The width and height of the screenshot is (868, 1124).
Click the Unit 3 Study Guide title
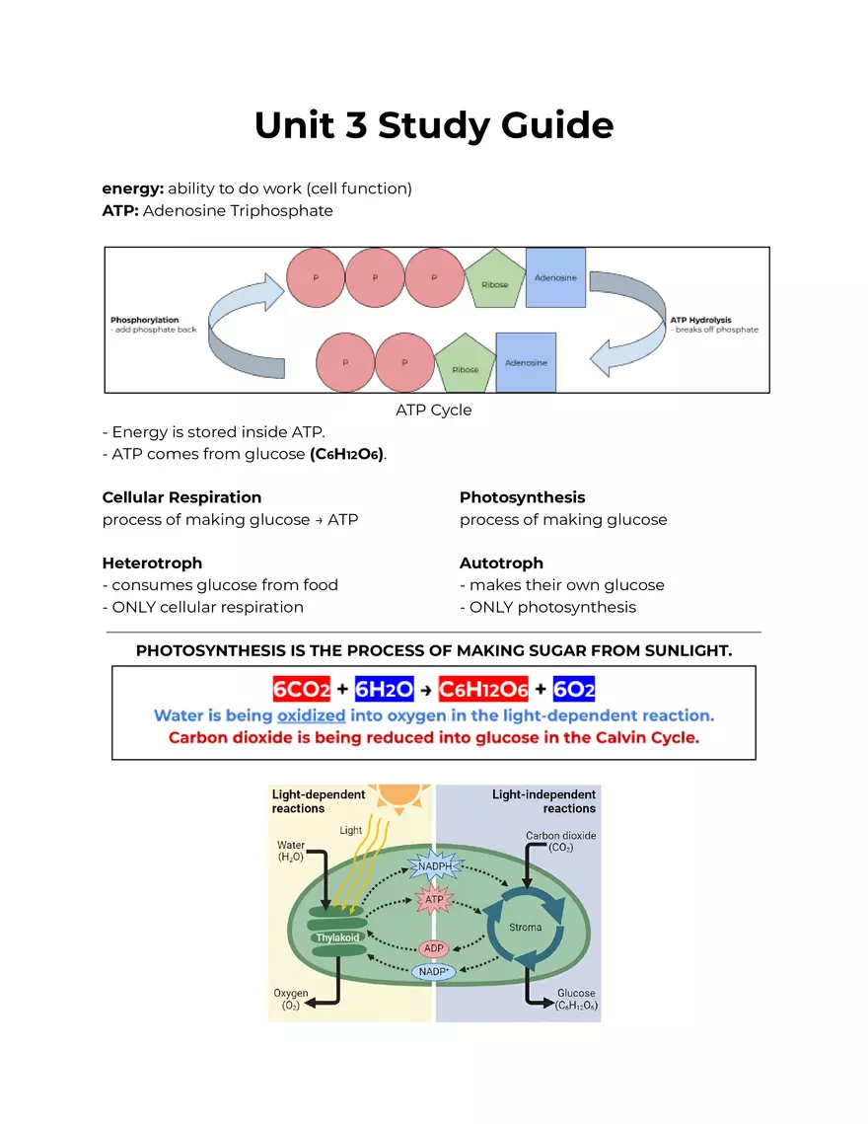434,126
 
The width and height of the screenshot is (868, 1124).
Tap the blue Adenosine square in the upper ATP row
555,278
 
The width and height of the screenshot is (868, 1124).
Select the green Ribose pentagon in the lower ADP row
465,364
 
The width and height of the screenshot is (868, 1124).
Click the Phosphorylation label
145,320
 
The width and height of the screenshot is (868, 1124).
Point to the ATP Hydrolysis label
700,320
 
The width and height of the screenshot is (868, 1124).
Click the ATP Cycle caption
434,410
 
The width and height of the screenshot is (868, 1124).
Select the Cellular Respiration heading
181,497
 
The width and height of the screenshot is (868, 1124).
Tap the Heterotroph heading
152,563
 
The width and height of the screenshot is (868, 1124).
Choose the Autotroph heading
501,563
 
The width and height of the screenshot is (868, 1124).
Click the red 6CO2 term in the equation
302,689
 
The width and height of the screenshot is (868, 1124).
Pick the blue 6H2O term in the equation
384,689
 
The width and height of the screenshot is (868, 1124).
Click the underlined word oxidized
311,715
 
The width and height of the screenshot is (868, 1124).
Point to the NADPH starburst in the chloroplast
435,866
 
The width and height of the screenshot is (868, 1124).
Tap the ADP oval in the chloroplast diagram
434,948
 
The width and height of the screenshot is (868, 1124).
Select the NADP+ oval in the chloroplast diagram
434,972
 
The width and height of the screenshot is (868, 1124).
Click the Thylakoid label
337,937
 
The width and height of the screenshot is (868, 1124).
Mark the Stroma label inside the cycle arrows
525,928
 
